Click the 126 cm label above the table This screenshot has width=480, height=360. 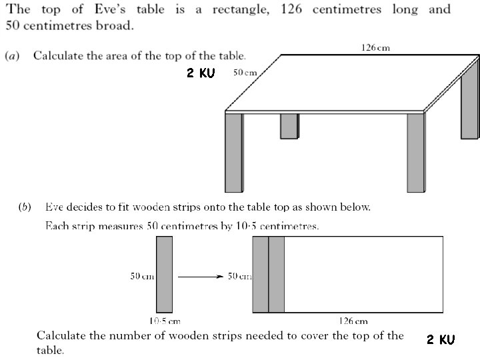(x=375, y=47)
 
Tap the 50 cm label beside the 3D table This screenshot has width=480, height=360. (x=245, y=73)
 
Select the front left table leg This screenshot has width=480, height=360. (x=233, y=152)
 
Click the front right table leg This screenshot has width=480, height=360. (x=415, y=152)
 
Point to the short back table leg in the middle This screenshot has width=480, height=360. (x=289, y=126)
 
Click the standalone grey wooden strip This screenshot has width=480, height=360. (x=164, y=274)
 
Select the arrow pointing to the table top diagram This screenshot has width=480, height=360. (x=200, y=277)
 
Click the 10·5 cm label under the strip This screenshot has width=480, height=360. (x=164, y=321)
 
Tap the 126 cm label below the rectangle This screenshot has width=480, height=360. (x=354, y=321)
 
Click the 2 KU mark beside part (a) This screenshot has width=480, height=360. (x=201, y=73)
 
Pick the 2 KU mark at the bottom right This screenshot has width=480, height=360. (x=441, y=340)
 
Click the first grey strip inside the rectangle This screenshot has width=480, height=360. (x=260, y=274)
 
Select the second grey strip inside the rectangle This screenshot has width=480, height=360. (x=276, y=274)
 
